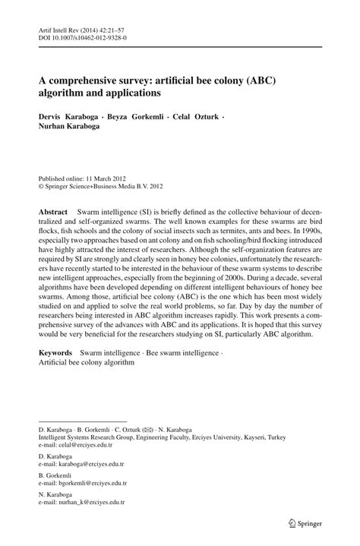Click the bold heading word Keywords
tap(55, 353)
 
